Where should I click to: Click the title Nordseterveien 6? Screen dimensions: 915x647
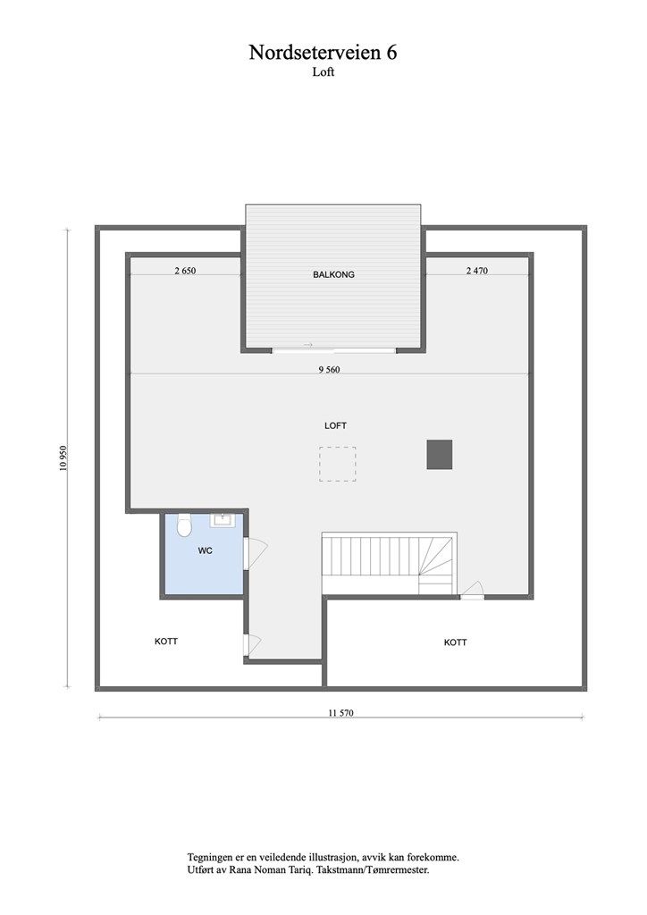coord(323,53)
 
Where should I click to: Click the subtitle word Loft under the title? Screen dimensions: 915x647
coord(323,72)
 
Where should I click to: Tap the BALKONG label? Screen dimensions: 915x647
coord(333,274)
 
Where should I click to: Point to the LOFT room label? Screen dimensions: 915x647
coord(335,425)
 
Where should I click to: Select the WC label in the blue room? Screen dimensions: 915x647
coord(205,550)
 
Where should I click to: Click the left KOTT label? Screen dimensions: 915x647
coord(165,641)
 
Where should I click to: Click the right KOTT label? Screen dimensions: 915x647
coord(456,642)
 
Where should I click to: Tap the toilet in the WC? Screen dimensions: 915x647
coord(184,526)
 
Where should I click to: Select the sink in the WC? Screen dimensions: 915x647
coord(222,518)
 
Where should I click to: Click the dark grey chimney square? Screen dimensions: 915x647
coord(440,454)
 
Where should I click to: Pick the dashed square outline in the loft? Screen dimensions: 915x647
coord(337,464)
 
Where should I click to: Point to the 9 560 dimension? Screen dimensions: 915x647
coord(329,369)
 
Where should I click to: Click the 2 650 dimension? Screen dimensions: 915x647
coord(185,270)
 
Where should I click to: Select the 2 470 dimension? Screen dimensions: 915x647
coord(477,270)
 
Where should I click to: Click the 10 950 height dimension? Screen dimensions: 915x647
coord(63,457)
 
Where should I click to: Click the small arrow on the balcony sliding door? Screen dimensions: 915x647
coord(308,344)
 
